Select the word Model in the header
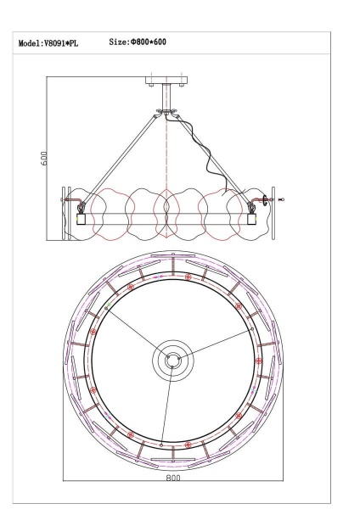pyautogui.click(x=30, y=42)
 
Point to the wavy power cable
pyautogui.click(x=212, y=157)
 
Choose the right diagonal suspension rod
pyautogui.click(x=212, y=161)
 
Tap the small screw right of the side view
pyautogui.click(x=283, y=201)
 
